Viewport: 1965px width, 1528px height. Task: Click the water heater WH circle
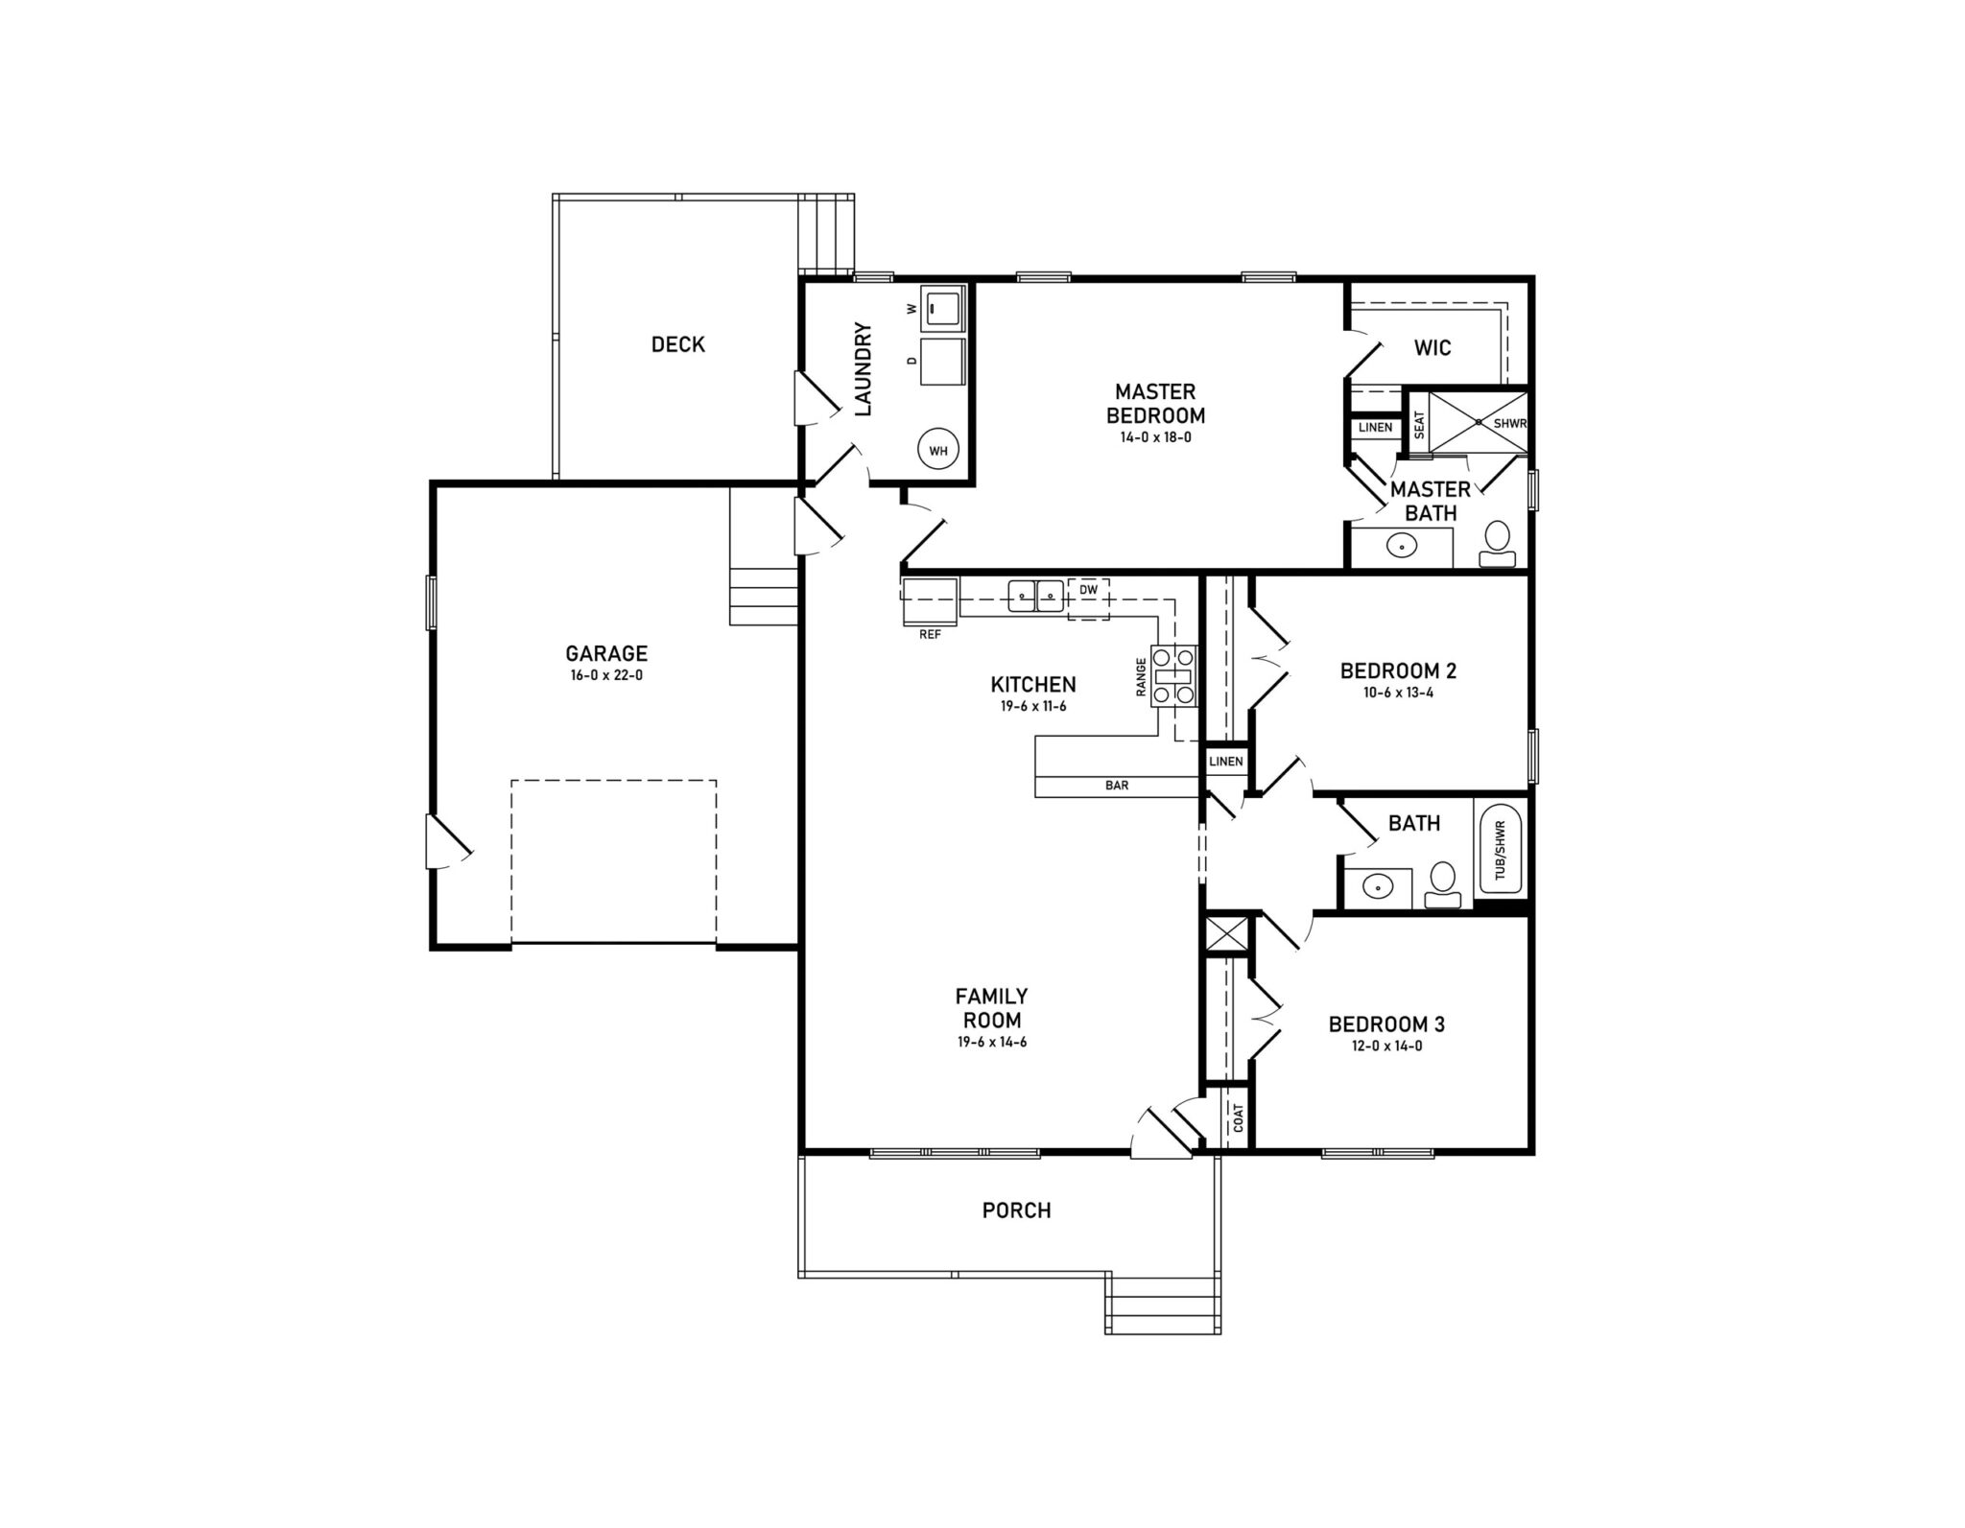937,450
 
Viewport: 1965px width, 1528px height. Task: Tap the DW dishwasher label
1088,590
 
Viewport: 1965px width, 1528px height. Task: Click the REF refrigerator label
930,634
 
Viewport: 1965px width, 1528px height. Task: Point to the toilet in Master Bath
1497,543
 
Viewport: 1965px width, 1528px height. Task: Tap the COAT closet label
1238,1117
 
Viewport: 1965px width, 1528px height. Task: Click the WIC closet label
1432,347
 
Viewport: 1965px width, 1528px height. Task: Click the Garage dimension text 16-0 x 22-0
606,675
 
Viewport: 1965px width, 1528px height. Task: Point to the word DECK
677,344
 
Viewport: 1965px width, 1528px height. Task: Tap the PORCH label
1016,1211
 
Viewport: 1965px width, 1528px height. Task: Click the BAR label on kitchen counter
1117,786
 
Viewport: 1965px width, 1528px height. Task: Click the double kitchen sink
1036,596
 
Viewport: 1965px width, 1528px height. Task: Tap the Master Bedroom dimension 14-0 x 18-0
1155,437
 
